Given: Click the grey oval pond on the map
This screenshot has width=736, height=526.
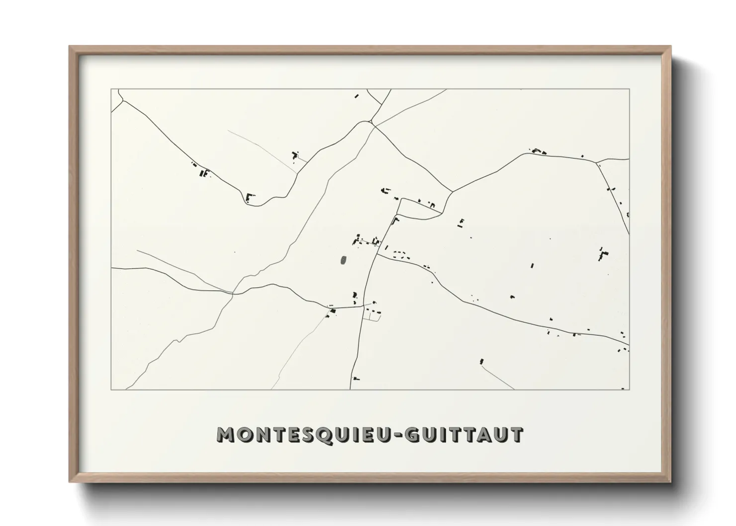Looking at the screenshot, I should pyautogui.click(x=343, y=260).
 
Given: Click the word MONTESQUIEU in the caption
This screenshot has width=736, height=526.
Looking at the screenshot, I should pyautogui.click(x=304, y=435).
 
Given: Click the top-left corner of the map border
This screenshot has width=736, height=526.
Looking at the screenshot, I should pyautogui.click(x=111, y=89).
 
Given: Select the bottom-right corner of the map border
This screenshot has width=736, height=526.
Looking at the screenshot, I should pyautogui.click(x=629, y=389).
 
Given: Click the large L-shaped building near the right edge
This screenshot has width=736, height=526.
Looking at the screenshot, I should pyautogui.click(x=603, y=255).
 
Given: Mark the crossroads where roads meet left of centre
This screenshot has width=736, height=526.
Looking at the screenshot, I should pyautogui.click(x=233, y=293).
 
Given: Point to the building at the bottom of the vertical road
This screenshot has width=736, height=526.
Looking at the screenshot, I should pyautogui.click(x=356, y=379).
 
